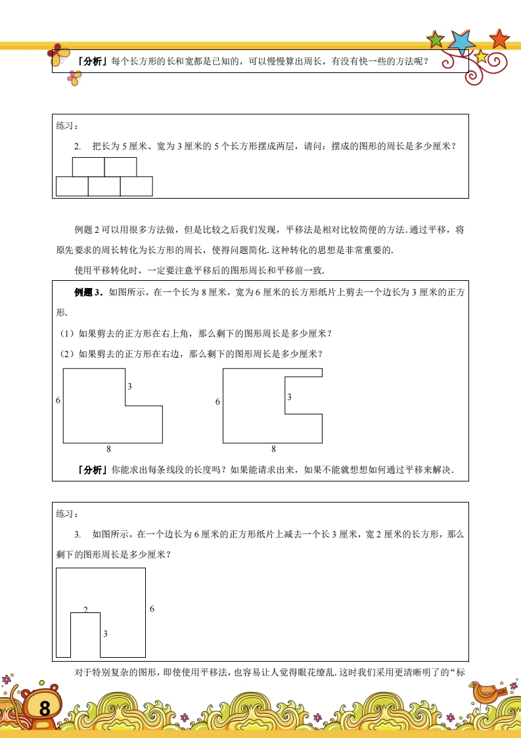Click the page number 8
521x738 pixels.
[x=45, y=708]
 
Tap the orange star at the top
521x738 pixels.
[x=500, y=39]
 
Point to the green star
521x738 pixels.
[x=436, y=40]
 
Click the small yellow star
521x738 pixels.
[x=481, y=57]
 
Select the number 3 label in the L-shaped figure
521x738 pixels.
[x=129, y=387]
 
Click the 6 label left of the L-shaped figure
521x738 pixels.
[x=58, y=401]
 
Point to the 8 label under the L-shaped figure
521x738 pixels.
[x=108, y=449]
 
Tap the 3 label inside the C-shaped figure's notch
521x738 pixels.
[x=289, y=397]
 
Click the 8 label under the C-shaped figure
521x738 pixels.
[x=273, y=449]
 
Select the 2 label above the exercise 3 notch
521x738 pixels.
[x=85, y=609]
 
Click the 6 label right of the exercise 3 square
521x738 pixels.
[x=152, y=609]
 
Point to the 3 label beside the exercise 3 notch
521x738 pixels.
[x=105, y=633]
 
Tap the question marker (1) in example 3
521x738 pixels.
[x=66, y=333]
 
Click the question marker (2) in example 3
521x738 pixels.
[x=66, y=354]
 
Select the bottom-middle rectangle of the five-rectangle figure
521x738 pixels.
[x=104, y=186]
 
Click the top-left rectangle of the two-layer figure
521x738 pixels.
[x=88, y=167]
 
